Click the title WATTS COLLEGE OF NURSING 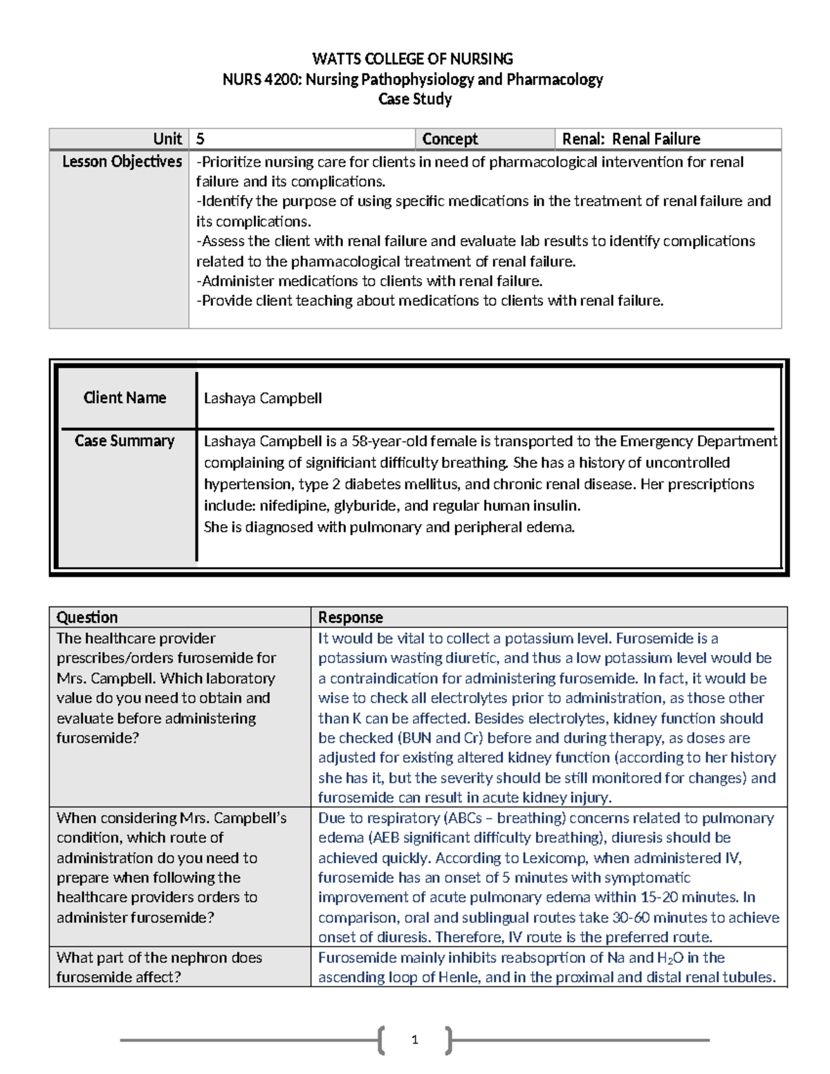412,59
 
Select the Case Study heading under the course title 415,100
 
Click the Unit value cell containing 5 201,139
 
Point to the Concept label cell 450,139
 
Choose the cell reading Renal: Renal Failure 631,139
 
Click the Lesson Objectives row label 122,162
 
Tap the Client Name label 124,398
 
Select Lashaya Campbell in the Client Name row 263,398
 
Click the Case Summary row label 124,441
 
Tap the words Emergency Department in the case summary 698,441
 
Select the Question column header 87,618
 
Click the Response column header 350,618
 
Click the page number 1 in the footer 414,1039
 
